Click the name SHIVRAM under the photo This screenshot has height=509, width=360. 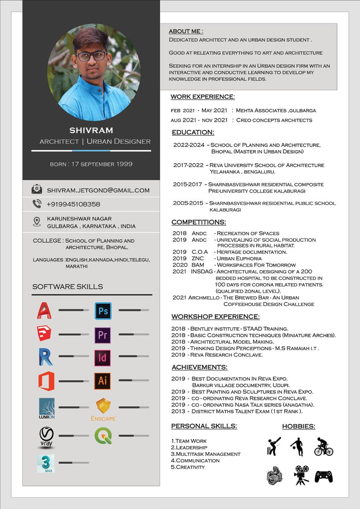click(x=91, y=130)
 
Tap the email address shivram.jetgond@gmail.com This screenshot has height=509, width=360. click(x=98, y=190)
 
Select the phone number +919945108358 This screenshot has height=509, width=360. click(x=73, y=204)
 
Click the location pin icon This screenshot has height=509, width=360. click(x=37, y=222)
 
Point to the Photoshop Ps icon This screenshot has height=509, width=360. click(x=103, y=311)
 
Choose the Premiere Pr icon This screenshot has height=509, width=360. click(x=103, y=335)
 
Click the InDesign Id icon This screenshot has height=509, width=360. click(x=103, y=358)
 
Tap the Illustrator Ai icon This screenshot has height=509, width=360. click(x=103, y=381)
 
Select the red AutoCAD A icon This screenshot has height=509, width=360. click(x=44, y=311)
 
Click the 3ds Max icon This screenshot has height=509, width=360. click(x=45, y=464)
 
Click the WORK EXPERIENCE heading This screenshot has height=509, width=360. click(x=202, y=97)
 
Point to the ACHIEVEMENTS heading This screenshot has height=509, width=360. click(x=199, y=367)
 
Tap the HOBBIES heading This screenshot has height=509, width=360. click(x=299, y=426)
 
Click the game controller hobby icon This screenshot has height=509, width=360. click(x=323, y=476)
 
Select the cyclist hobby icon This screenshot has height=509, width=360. click(x=323, y=447)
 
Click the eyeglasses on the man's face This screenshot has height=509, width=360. click(x=91, y=56)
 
